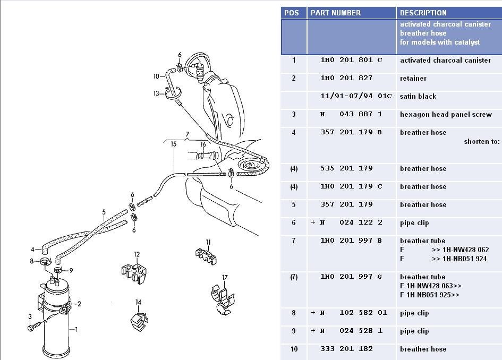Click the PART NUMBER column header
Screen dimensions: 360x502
point(335,13)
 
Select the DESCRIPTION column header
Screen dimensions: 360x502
point(423,13)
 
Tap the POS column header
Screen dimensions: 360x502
point(292,13)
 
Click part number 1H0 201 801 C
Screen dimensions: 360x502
point(351,61)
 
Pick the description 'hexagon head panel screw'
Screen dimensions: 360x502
point(446,115)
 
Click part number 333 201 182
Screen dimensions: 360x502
point(346,349)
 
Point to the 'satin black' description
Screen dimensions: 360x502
point(418,97)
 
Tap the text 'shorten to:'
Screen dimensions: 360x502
point(481,142)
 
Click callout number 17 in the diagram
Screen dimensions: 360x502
point(225,277)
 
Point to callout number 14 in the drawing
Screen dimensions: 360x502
point(138,302)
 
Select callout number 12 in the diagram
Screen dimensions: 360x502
point(137,254)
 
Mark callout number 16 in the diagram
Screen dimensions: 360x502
point(203,144)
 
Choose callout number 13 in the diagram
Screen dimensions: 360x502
point(156,93)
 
